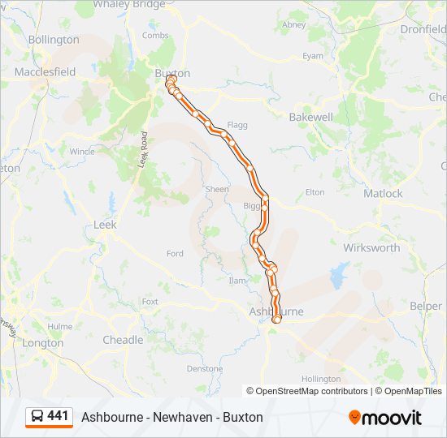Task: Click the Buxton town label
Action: pyautogui.click(x=172, y=72)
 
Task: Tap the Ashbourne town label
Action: pyautogui.click(x=276, y=311)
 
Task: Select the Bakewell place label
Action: pyautogui.click(x=311, y=117)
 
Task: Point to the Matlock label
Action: pyautogui.click(x=383, y=193)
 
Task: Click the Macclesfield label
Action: pyautogui.click(x=45, y=72)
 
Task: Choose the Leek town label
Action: pyautogui.click(x=106, y=225)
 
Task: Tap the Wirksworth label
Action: pyautogui.click(x=371, y=247)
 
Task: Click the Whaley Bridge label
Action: pyautogui.click(x=130, y=4)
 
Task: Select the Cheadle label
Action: pyautogui.click(x=123, y=340)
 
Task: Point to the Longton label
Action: pyautogui.click(x=43, y=343)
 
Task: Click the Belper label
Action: pyautogui.click(x=426, y=307)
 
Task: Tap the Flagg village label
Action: pyautogui.click(x=237, y=126)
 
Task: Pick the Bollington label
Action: pyautogui.click(x=54, y=39)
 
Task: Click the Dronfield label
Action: pyautogui.click(x=423, y=29)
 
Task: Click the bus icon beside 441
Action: pyautogui.click(x=37, y=416)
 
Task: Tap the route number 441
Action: pyautogui.click(x=58, y=416)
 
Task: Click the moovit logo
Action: pyautogui.click(x=385, y=418)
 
